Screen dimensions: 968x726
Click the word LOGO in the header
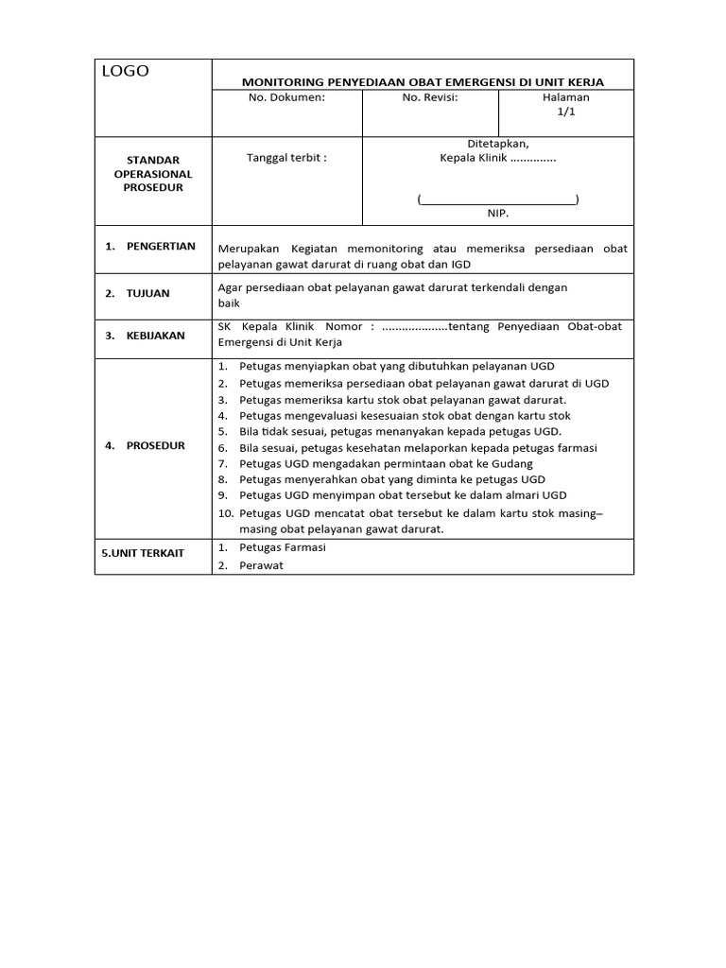click(126, 72)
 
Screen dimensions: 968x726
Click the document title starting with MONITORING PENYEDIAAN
click(423, 82)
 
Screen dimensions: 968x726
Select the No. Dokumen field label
click(286, 97)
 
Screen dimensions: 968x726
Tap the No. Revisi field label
click(430, 97)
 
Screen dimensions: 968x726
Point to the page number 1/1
click(565, 112)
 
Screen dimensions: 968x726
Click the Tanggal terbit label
click(286, 158)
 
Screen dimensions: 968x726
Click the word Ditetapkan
click(498, 144)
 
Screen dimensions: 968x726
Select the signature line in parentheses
click(498, 199)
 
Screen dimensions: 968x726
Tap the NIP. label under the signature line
click(498, 214)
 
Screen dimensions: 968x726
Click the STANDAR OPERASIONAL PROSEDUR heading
click(152, 174)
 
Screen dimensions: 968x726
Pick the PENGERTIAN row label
click(161, 247)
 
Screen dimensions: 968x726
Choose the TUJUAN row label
click(147, 293)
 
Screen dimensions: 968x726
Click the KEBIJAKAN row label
click(155, 335)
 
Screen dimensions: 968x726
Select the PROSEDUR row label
click(155, 445)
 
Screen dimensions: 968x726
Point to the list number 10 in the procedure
click(225, 513)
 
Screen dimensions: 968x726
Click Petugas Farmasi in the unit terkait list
click(283, 547)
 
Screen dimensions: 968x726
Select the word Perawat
click(262, 565)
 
